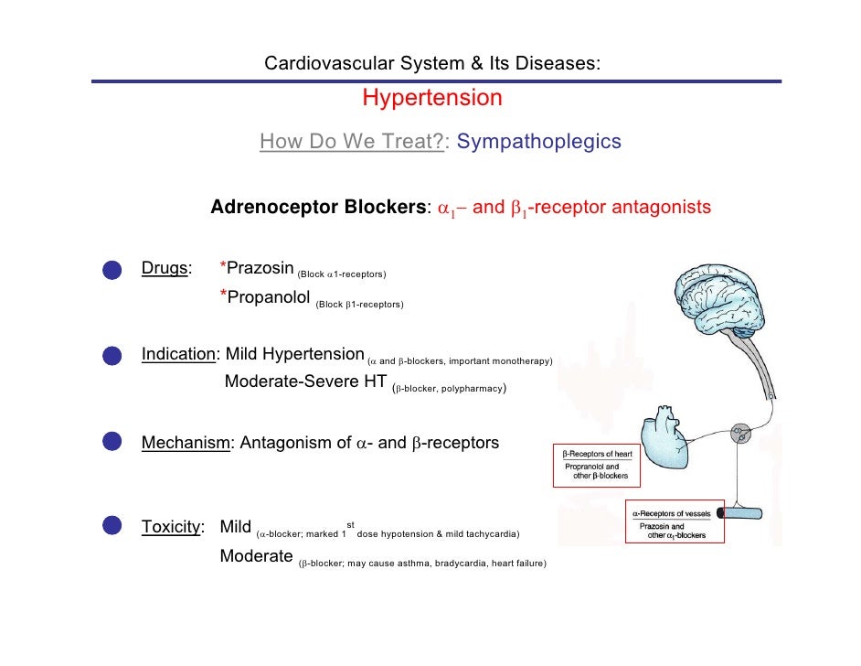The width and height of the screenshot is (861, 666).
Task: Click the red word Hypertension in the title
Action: pyautogui.click(x=432, y=98)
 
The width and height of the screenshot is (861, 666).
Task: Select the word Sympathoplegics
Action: pyautogui.click(x=538, y=142)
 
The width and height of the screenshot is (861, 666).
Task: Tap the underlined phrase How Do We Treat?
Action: pyautogui.click(x=352, y=142)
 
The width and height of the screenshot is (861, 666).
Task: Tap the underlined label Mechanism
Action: pyautogui.click(x=186, y=444)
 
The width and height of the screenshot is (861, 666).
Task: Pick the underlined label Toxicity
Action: pyautogui.click(x=170, y=526)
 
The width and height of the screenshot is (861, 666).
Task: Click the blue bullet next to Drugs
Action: pyautogui.click(x=112, y=269)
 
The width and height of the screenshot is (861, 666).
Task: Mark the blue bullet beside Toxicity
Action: pyautogui.click(x=112, y=526)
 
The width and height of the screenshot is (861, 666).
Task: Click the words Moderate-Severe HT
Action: pyautogui.click(x=305, y=381)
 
